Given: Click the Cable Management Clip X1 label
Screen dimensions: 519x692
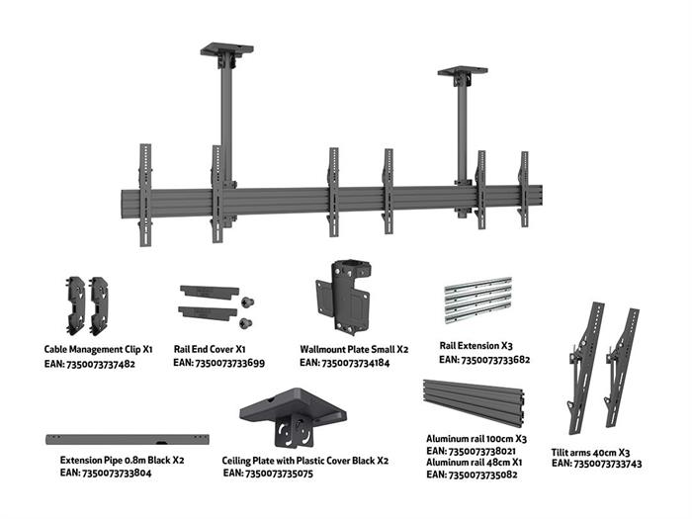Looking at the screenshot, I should [98, 350].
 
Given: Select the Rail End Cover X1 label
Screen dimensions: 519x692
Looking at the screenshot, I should [210, 350].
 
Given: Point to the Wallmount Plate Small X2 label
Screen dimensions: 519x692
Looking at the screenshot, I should [354, 350].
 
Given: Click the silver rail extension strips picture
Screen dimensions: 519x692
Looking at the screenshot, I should [478, 301].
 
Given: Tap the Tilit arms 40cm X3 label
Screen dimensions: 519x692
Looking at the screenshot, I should [590, 450].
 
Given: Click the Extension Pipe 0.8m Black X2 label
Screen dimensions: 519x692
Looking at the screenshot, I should [122, 460].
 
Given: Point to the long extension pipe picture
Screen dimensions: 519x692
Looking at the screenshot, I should [130, 437].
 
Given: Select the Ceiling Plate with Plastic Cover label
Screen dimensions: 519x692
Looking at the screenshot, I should [305, 460].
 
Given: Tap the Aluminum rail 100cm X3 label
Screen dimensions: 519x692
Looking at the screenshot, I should [476, 438].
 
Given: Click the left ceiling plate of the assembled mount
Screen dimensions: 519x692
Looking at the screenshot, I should [226, 47].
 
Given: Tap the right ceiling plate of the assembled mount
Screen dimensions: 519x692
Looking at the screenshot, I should [462, 71].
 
